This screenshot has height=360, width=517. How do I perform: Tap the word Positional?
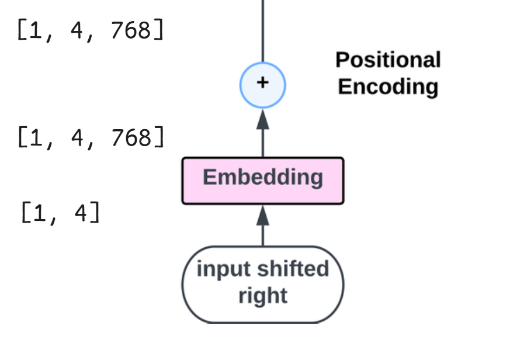(x=388, y=60)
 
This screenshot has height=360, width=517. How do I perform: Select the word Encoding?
(x=388, y=86)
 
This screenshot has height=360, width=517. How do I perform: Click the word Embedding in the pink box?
(x=263, y=177)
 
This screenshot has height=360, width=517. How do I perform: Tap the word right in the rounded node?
(x=263, y=296)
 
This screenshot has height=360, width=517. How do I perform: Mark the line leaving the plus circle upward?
(x=263, y=29)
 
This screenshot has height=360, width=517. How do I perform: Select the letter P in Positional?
(x=342, y=60)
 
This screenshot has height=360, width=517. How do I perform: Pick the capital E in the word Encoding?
(x=345, y=86)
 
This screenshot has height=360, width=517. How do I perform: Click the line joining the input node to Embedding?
(x=263, y=236)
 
